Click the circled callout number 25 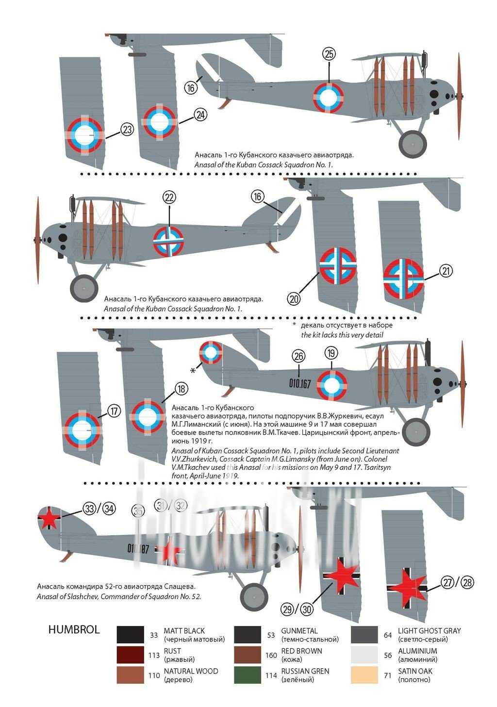point(329,54)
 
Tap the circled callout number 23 point(127,130)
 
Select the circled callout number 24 point(200,115)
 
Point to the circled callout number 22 point(169,197)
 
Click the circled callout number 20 point(294,299)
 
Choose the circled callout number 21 point(446,271)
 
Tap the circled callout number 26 point(298,356)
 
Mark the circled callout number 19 point(331,353)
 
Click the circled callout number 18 point(182,389)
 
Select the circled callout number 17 point(114,411)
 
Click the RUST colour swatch point(130,655)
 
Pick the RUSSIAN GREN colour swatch point(248,675)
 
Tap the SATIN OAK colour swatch point(364,675)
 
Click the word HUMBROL point(74,630)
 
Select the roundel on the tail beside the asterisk point(211,352)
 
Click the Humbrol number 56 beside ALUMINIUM point(387,655)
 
